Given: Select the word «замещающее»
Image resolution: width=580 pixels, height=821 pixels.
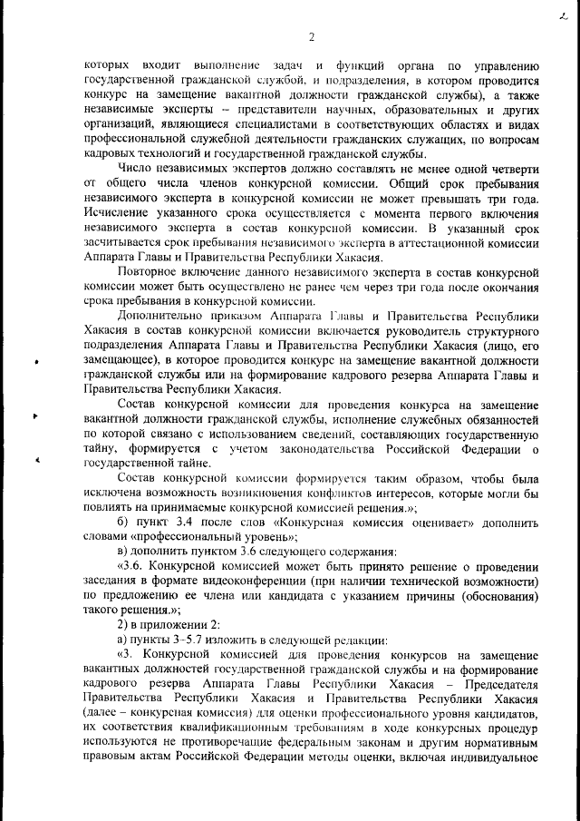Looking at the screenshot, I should tap(122, 358).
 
